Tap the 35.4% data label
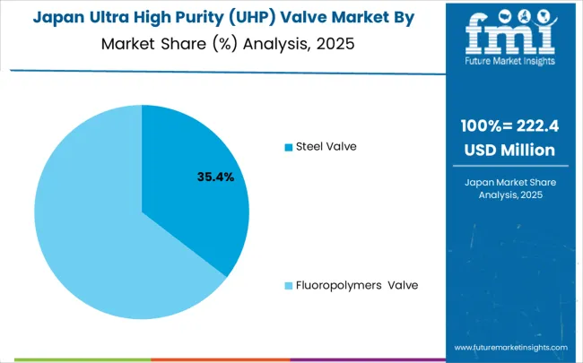click(215, 177)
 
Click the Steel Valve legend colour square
click(288, 146)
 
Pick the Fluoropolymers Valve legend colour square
click(288, 286)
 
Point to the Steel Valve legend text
click(326, 146)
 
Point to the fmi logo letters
click(509, 36)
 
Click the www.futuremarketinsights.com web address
click(510, 348)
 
